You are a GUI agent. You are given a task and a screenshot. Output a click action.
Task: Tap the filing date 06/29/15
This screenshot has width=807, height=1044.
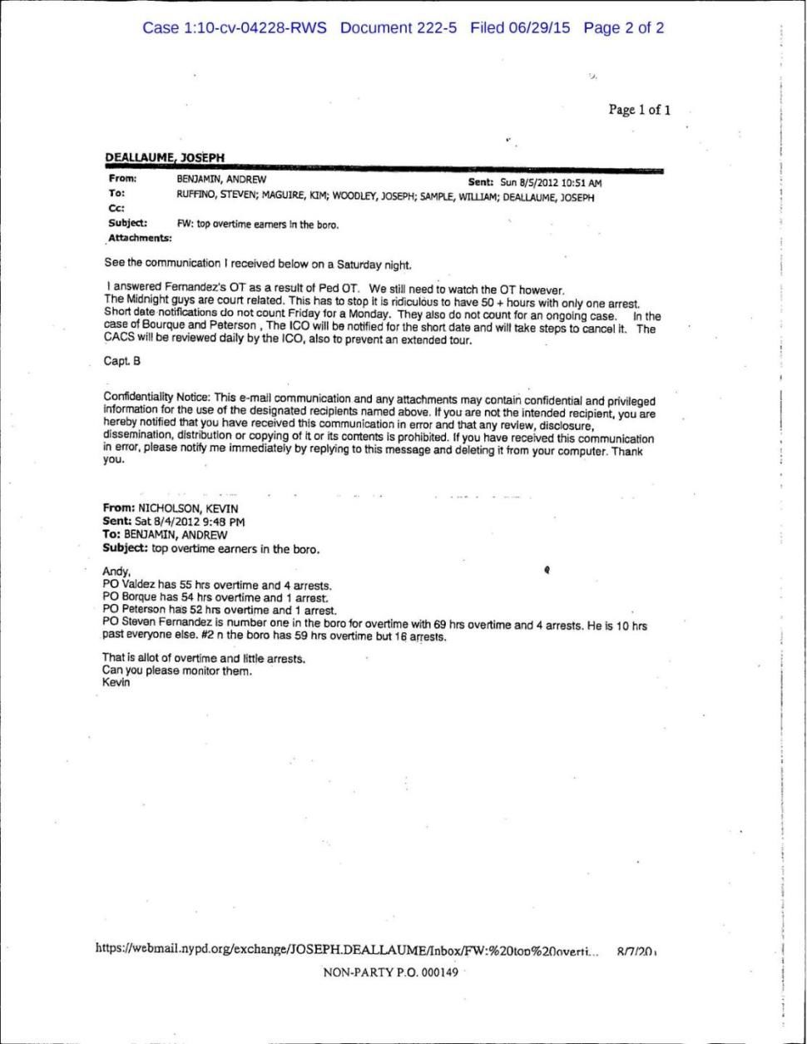(541, 28)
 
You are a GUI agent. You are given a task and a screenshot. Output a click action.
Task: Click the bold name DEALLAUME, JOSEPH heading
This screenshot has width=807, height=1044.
(166, 157)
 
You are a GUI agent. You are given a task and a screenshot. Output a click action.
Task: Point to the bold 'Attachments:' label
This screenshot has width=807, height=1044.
(138, 238)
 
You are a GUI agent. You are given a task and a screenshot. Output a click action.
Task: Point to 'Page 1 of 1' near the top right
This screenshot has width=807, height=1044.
(639, 110)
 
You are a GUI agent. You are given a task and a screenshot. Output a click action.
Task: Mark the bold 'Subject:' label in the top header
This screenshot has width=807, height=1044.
(127, 224)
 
